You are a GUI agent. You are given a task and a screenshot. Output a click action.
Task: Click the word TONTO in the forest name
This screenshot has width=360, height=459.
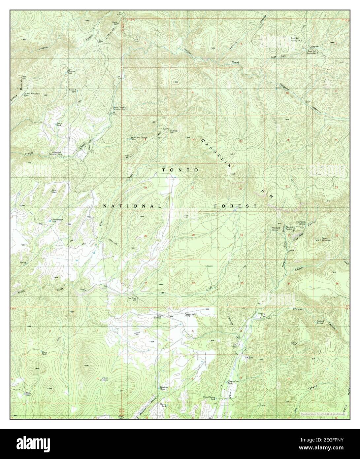pyautogui.click(x=180, y=170)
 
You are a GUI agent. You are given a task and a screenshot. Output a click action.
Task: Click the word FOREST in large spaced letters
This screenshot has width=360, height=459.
pyautogui.click(x=235, y=206)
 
